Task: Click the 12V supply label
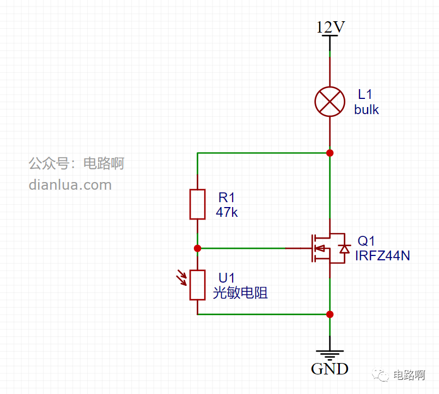[x=331, y=27]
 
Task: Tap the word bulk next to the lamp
[x=366, y=110]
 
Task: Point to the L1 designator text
[x=365, y=95]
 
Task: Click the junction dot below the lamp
[x=330, y=153]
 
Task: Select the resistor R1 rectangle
[x=197, y=204]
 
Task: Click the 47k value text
[x=227, y=212]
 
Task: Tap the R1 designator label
[x=227, y=198]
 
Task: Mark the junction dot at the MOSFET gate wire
[x=197, y=248]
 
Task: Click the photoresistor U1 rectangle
[x=197, y=285]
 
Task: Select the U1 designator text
[x=227, y=278]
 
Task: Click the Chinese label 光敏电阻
[x=240, y=293]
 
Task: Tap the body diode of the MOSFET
[x=344, y=248]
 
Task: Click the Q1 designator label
[x=366, y=241]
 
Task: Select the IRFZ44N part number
[x=382, y=255]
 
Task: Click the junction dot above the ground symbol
[x=330, y=314]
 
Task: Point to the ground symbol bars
[x=330, y=355]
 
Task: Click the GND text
[x=330, y=369]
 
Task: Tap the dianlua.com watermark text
[x=70, y=185]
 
